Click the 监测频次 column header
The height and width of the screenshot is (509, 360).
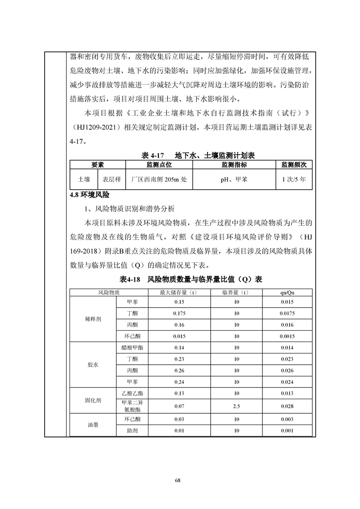[294, 164]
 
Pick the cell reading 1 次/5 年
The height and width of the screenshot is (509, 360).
[294, 180]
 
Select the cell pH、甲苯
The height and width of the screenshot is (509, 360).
[234, 180]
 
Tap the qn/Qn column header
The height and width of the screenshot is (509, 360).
[287, 293]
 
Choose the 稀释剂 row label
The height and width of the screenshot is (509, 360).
[93, 319]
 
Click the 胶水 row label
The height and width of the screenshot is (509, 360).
[93, 365]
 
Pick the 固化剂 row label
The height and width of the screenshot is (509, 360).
[93, 401]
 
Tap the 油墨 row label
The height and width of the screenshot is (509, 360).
[93, 425]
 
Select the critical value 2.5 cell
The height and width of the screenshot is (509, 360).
[236, 406]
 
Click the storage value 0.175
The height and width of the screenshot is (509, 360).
[179, 313]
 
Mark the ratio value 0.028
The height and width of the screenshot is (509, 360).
[287, 406]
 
